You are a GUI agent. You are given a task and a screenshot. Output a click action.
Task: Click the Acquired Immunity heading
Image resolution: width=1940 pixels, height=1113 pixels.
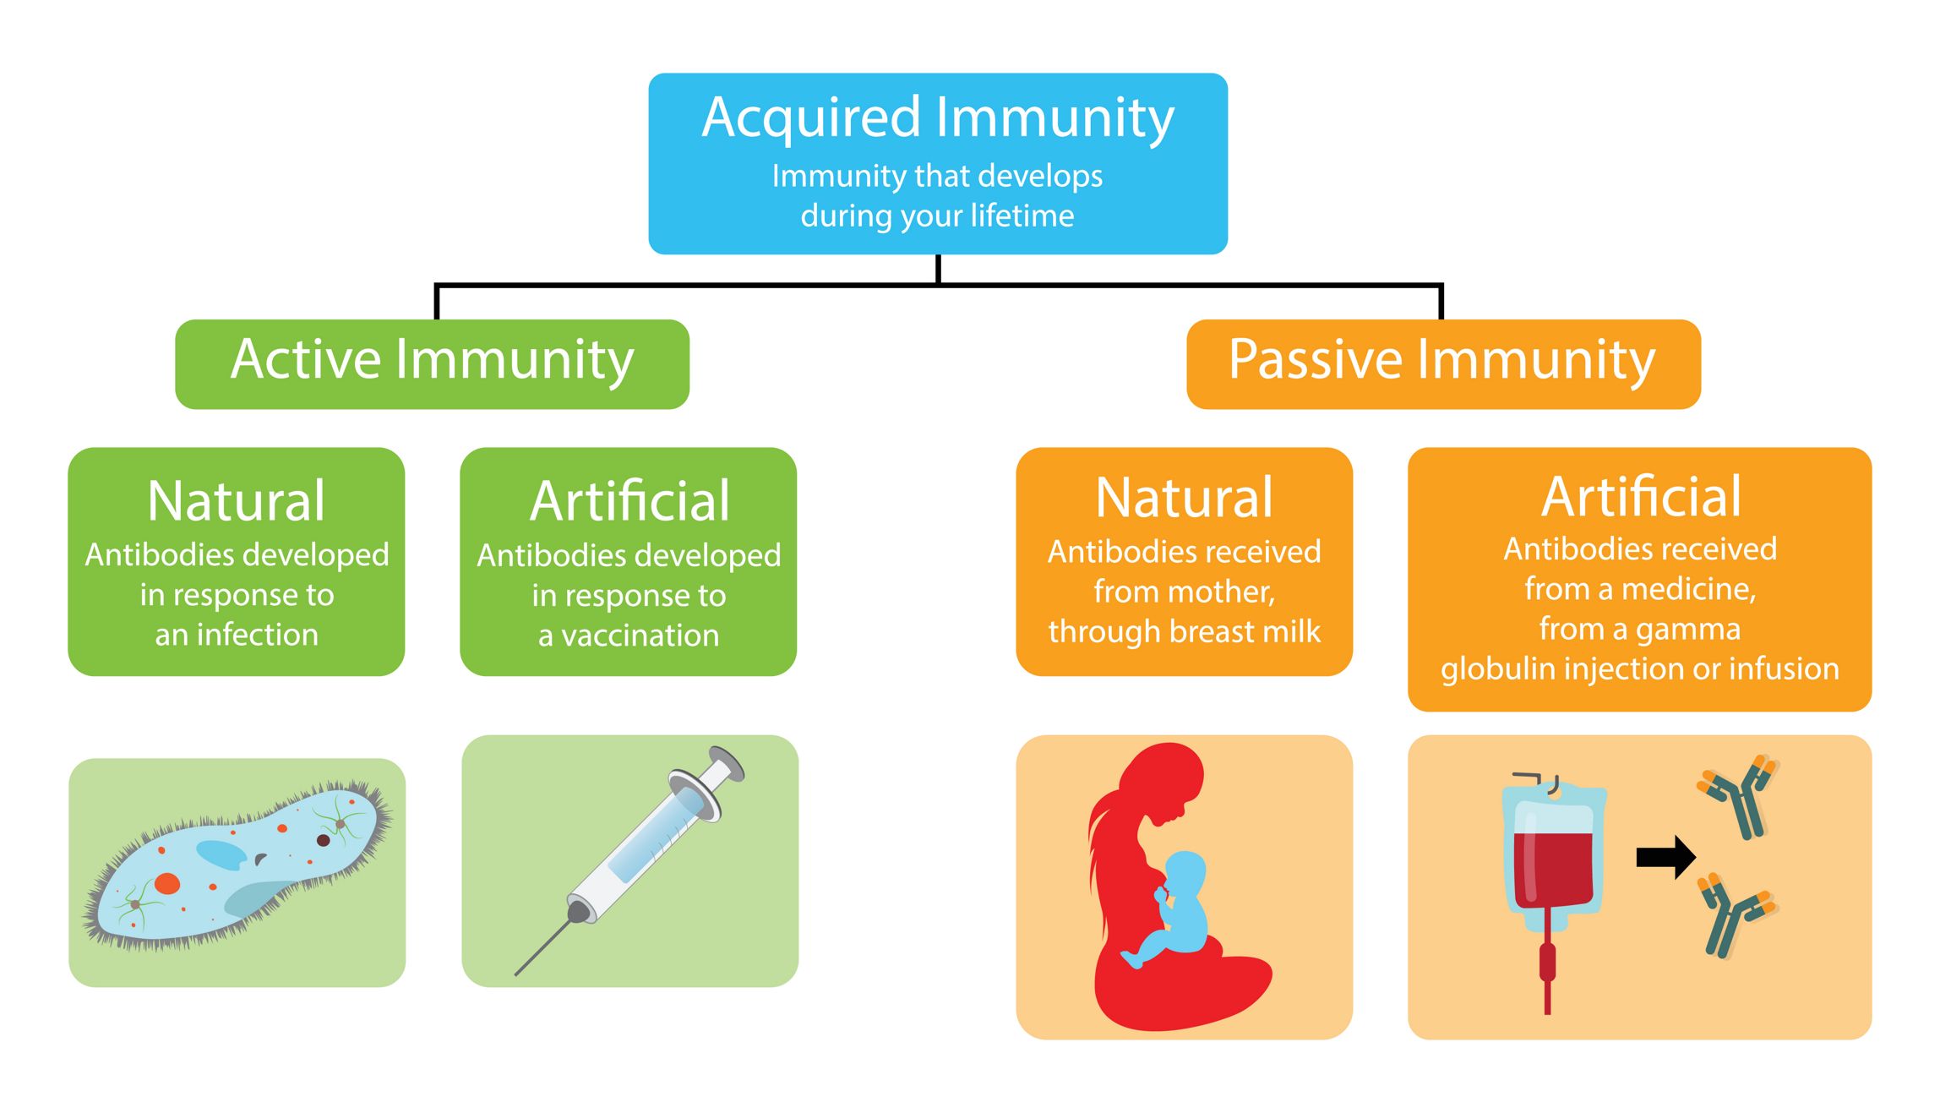click(x=938, y=117)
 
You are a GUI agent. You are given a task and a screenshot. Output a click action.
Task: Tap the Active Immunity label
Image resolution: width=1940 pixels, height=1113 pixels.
click(x=432, y=360)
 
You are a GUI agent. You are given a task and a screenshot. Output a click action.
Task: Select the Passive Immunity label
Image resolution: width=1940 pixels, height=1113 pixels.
click(x=1441, y=360)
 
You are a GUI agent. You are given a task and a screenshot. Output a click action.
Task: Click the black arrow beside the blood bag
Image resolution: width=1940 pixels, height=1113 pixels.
click(x=1665, y=857)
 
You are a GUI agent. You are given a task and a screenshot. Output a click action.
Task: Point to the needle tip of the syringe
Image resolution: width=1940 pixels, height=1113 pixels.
click(x=516, y=974)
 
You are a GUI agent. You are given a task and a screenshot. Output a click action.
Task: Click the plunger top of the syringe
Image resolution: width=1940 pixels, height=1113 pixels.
click(x=727, y=764)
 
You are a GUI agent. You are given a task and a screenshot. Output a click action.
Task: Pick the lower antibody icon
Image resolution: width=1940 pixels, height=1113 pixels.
click(x=1737, y=917)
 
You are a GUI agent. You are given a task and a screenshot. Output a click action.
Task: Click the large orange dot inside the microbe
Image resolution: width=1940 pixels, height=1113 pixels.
click(x=167, y=883)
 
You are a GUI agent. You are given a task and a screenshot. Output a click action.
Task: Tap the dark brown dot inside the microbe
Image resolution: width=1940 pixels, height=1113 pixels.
click(x=323, y=840)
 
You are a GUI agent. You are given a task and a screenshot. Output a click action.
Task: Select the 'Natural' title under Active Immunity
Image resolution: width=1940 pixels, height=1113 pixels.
click(x=236, y=500)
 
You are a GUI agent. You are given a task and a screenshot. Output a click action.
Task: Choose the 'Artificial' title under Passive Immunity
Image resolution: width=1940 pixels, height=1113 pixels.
click(x=1641, y=497)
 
